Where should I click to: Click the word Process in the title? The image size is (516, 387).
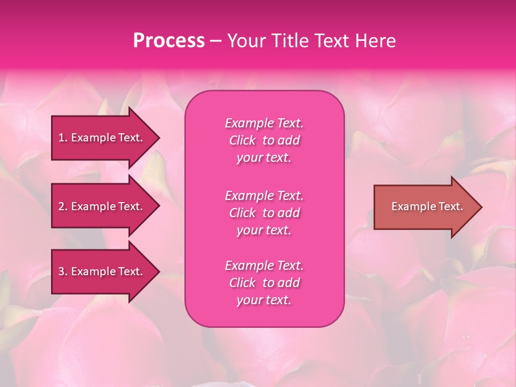click(x=169, y=41)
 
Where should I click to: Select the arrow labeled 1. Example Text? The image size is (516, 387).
click(x=102, y=138)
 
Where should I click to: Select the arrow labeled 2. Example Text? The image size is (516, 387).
click(x=102, y=206)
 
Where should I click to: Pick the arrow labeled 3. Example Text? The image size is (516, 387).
click(x=102, y=271)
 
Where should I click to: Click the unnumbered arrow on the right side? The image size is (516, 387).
click(x=425, y=206)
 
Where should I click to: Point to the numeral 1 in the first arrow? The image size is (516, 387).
click(x=61, y=138)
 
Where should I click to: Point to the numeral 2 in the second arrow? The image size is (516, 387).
click(x=61, y=206)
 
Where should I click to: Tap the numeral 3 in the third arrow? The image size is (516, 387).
click(x=61, y=271)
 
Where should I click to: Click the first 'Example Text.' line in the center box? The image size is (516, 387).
click(x=264, y=123)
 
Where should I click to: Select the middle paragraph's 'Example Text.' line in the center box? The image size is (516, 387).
click(x=264, y=195)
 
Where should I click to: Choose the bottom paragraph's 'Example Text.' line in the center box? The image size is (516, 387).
click(x=264, y=266)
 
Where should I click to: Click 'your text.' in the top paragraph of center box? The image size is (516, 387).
click(x=264, y=158)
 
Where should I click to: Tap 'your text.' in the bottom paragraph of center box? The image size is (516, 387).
click(x=264, y=300)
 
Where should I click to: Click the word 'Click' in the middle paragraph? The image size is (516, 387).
click(x=242, y=213)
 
